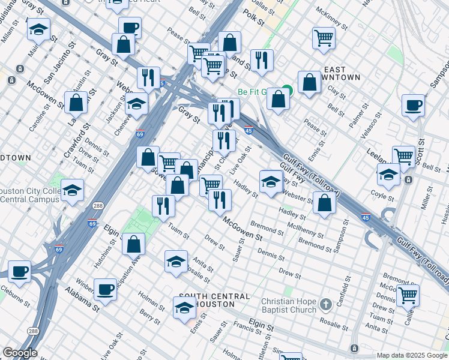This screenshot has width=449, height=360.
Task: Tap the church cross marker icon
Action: (325, 305)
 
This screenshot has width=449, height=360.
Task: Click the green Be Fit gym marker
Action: (288, 91)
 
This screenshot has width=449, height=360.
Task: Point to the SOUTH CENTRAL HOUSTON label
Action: (214, 300)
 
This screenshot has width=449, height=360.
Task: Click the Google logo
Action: (20, 353)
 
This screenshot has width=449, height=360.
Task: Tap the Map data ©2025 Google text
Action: (411, 355)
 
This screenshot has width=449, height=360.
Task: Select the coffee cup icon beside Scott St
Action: (413, 105)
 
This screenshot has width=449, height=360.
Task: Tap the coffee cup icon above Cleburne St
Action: (19, 271)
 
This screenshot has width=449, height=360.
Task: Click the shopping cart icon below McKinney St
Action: (324, 38)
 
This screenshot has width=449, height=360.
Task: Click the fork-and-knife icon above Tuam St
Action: (163, 206)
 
